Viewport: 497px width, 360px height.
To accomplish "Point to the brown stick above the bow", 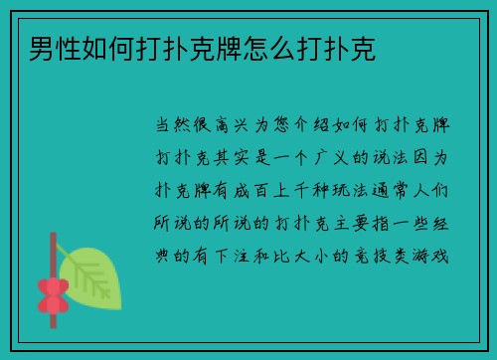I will [x=51, y=254].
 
